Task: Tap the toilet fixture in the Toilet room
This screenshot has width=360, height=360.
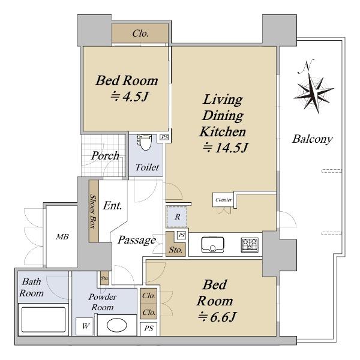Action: click(x=145, y=142)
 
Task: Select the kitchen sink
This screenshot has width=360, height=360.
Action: click(x=212, y=245)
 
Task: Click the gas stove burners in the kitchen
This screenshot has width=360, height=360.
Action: click(x=250, y=244)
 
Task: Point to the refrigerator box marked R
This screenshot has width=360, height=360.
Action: click(x=177, y=217)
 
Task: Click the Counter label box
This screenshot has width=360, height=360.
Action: click(x=223, y=200)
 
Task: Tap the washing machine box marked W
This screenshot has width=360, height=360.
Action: click(x=85, y=326)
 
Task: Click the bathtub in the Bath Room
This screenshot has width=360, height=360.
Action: click(x=43, y=320)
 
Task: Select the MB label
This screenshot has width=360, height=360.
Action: click(x=62, y=237)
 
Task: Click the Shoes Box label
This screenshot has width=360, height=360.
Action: click(x=93, y=211)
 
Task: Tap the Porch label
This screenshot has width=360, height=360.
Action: click(x=105, y=156)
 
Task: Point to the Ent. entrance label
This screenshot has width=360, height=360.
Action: click(x=112, y=205)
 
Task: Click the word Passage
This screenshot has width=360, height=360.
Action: click(x=137, y=240)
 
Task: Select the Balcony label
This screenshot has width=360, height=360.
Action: click(x=313, y=139)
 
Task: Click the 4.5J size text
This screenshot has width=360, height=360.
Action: click(x=130, y=97)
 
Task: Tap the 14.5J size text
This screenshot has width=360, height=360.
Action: click(x=226, y=148)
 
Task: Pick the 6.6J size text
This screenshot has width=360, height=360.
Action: click(x=217, y=317)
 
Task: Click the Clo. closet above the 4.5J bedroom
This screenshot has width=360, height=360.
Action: click(x=140, y=34)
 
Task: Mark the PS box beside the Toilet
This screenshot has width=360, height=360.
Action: click(x=164, y=137)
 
